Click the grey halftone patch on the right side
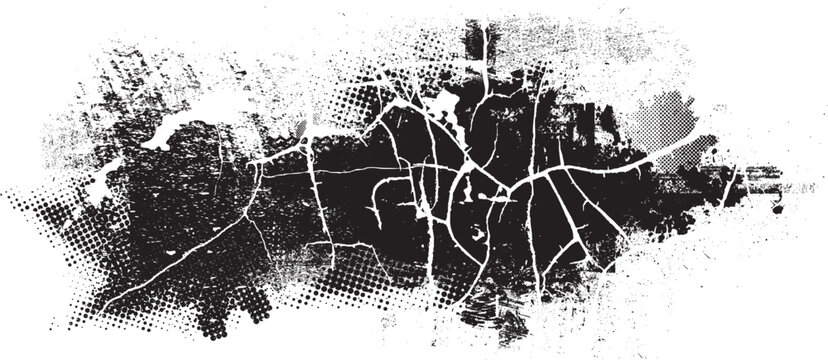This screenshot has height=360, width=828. click(680, 125)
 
